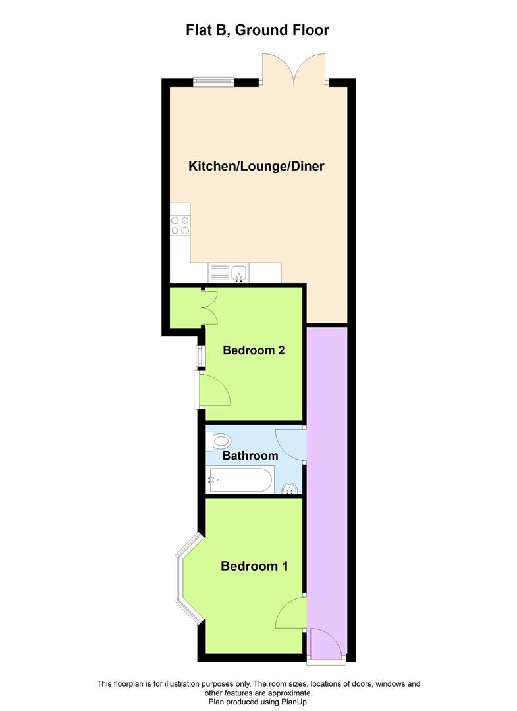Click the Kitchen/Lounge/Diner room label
point(256,166)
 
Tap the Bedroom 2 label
point(254,350)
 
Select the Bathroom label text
point(250,456)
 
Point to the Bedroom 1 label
point(254,566)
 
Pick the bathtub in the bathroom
point(240,480)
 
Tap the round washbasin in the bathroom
point(289,488)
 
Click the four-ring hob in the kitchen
point(180,225)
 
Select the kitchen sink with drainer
point(228,273)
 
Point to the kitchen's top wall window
point(213,82)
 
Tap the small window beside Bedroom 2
point(199,355)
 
